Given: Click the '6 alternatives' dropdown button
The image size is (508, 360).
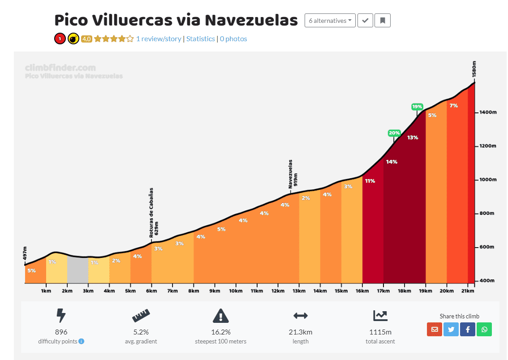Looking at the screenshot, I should tap(330, 21).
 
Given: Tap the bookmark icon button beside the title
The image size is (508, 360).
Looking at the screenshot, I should tap(383, 21).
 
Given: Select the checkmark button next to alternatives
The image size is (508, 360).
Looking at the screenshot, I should tap(365, 21).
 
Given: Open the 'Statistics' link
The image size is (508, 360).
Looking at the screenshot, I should tap(200, 39).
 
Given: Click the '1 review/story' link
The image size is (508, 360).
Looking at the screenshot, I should tap(159, 39).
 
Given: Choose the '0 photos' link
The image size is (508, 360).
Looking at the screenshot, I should tap(233, 39).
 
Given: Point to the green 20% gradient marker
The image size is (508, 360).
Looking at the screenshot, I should tap(394, 133).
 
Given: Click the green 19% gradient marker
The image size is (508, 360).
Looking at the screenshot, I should tap(417, 107).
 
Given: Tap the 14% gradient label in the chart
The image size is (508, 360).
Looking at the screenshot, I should tap(392, 162).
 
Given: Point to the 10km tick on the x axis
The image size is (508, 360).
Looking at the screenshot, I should tap(236, 291).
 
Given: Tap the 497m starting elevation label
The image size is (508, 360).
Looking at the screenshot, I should tap(26, 253).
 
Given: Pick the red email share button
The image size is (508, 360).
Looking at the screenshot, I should tap(434, 329).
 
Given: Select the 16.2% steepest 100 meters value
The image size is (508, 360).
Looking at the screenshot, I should tap(221, 332).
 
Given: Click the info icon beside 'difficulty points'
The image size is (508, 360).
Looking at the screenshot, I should tap(82, 341).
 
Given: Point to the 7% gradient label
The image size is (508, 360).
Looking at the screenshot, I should tap(453, 106).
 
